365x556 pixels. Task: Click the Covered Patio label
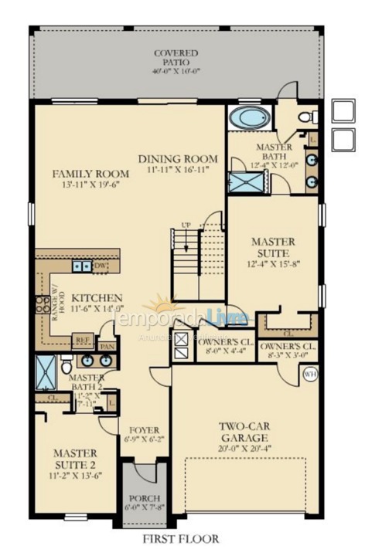coord(175,53)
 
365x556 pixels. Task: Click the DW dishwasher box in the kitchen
coord(99,266)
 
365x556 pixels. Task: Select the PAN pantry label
coord(107,347)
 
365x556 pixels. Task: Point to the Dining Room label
coord(178,159)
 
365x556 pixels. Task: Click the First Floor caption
coord(181,539)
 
